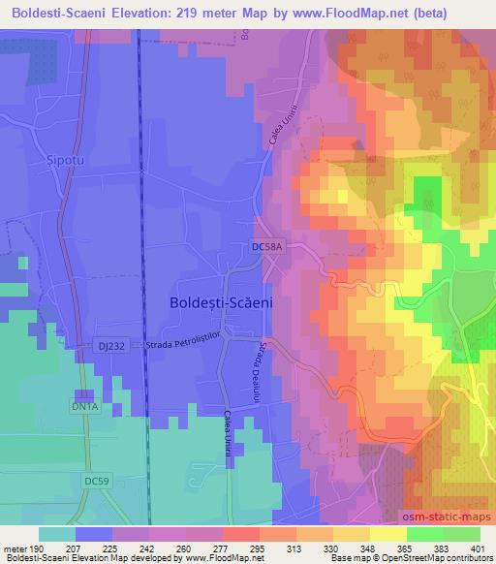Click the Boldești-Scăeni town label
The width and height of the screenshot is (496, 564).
[x=221, y=302]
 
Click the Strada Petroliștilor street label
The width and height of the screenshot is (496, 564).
[x=184, y=346]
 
